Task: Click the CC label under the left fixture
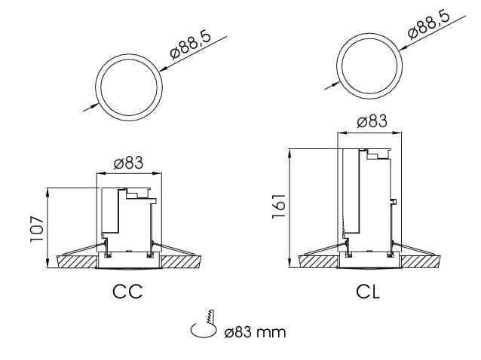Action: (128, 290)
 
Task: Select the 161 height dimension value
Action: (278, 205)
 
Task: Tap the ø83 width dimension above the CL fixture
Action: (368, 121)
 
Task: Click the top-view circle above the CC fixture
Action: (128, 85)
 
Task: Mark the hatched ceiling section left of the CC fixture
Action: (75, 260)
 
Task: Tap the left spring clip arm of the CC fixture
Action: (79, 249)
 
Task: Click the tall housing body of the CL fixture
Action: (368, 196)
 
